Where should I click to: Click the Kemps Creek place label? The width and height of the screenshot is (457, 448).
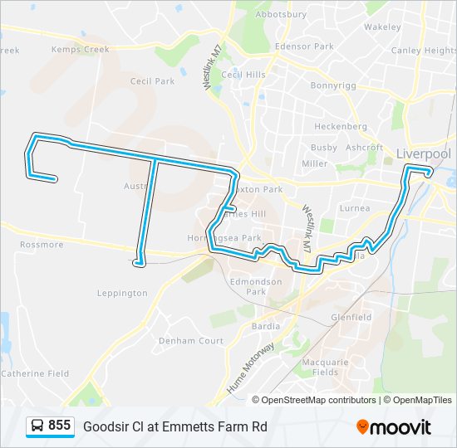click(x=80, y=50)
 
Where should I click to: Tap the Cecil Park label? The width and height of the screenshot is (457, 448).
click(x=152, y=81)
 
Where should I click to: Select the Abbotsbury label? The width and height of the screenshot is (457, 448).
click(x=282, y=14)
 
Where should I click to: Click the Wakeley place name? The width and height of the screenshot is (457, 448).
click(x=382, y=27)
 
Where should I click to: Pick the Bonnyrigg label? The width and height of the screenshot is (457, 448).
click(x=332, y=85)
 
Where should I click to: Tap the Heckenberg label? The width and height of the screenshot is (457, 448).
click(x=340, y=127)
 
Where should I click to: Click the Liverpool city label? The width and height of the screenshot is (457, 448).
click(x=423, y=153)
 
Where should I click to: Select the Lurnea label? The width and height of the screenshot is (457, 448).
click(x=355, y=208)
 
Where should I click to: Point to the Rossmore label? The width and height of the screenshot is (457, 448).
click(x=42, y=245)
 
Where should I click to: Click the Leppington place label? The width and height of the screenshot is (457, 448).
click(x=122, y=293)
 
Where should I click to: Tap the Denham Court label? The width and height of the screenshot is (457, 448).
click(x=191, y=341)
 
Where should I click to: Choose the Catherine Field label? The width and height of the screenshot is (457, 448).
click(x=35, y=373)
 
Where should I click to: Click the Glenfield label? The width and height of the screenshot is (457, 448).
click(x=351, y=317)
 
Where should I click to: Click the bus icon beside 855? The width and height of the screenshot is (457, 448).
click(x=37, y=426)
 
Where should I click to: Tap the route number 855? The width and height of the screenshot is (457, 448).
click(x=59, y=426)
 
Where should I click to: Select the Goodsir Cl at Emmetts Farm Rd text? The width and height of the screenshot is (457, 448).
click(x=175, y=426)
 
